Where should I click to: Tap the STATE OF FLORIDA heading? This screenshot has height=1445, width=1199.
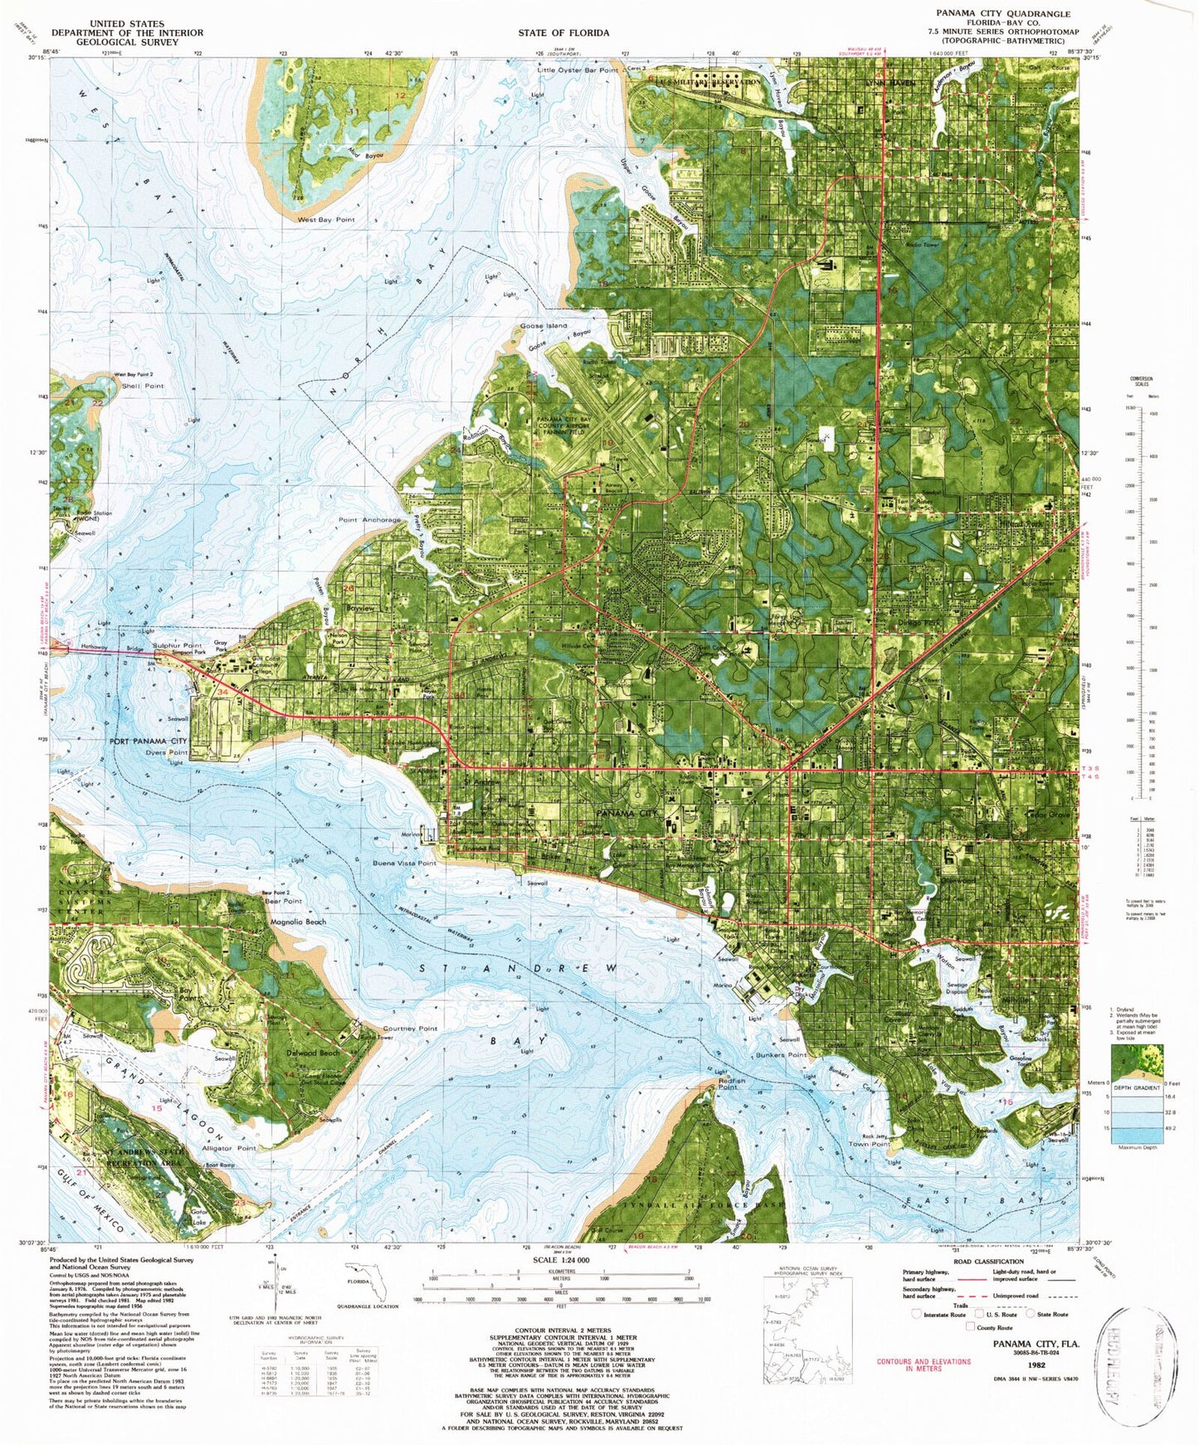(x=563, y=33)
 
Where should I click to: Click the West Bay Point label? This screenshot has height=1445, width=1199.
(x=326, y=220)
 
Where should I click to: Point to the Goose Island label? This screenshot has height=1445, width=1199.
(x=543, y=326)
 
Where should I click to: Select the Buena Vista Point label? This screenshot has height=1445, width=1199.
(x=404, y=864)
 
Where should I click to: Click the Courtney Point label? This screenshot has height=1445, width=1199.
(x=410, y=1029)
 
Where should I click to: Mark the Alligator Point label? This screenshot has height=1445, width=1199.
(x=229, y=1148)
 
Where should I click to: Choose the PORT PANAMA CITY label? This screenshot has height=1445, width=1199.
(x=149, y=741)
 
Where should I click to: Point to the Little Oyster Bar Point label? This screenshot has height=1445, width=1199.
(x=578, y=71)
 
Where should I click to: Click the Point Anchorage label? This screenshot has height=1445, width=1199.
(x=369, y=520)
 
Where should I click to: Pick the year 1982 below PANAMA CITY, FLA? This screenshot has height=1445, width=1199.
(x=1036, y=1364)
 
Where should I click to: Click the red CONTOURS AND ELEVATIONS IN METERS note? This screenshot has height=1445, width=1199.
(x=923, y=1365)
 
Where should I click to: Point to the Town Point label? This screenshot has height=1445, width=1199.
(x=869, y=1144)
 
